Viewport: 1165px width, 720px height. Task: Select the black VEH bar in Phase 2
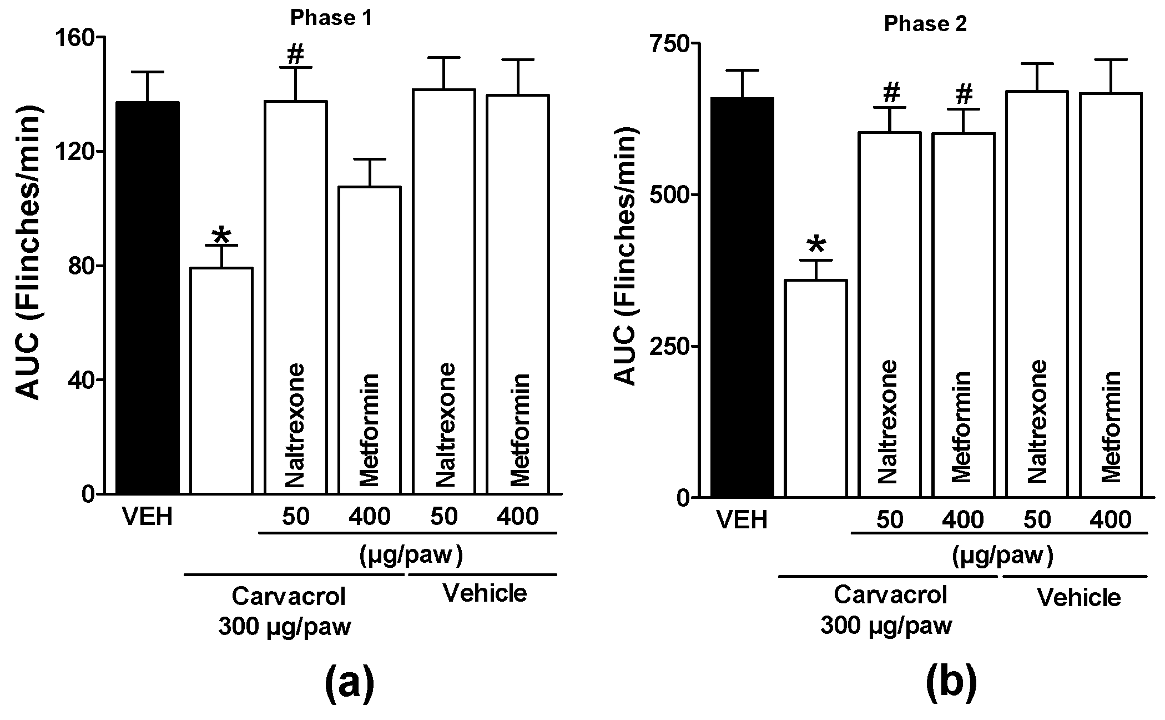point(743,297)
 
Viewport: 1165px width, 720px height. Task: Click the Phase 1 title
point(331,19)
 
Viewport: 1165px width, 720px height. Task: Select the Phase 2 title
point(925,24)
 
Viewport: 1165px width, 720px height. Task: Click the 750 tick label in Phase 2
point(668,43)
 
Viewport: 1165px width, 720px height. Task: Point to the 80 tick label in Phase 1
point(80,266)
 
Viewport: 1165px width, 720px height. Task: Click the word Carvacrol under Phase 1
point(288,597)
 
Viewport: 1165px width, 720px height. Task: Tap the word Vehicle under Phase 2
point(1079,598)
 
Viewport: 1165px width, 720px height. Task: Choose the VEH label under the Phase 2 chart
point(743,521)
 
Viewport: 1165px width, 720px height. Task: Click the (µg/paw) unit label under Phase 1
point(411,554)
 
